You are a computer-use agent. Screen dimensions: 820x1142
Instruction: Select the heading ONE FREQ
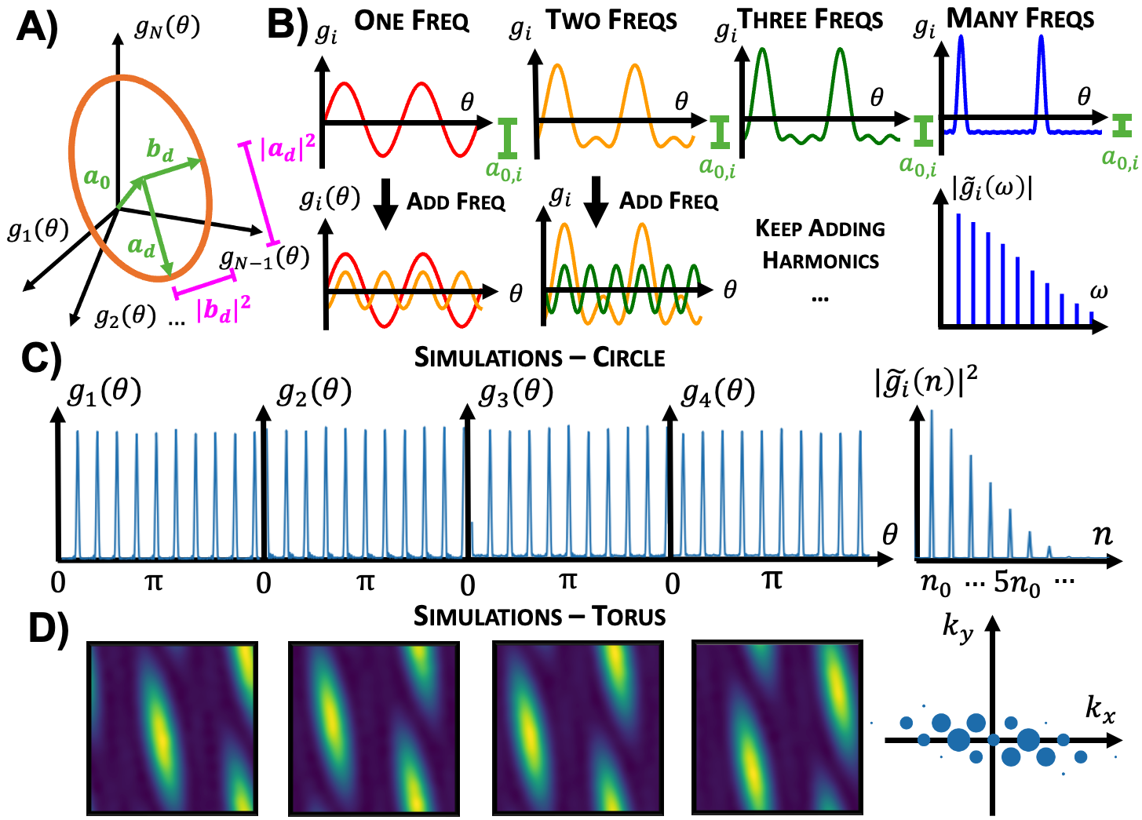[412, 21]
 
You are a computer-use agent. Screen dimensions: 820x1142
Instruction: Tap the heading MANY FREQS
[1020, 19]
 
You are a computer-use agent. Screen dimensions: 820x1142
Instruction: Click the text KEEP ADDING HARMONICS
[820, 244]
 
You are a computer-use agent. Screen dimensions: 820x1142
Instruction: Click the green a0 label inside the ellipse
[97, 178]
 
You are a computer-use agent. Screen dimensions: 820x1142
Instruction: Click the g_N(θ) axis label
[167, 28]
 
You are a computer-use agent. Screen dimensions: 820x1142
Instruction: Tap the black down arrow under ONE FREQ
[385, 203]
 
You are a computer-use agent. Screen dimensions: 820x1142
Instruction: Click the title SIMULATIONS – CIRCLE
[539, 358]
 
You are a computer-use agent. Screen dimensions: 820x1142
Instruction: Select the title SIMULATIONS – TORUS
[539, 617]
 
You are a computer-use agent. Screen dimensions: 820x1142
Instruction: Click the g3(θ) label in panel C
[516, 392]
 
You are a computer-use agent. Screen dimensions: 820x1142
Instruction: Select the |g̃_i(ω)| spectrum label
[991, 188]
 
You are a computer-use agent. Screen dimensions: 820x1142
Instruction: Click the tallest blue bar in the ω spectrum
[958, 268]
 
